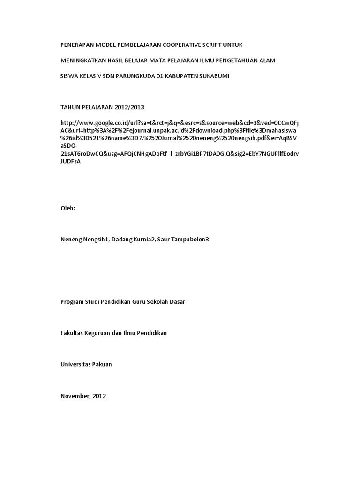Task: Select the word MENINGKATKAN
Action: click(82, 60)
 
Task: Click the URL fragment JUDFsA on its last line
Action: click(71, 160)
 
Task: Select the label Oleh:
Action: click(68, 208)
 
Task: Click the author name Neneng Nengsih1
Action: click(84, 239)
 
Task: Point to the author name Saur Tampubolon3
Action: click(183, 239)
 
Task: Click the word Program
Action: click(72, 302)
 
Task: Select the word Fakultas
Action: click(72, 333)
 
